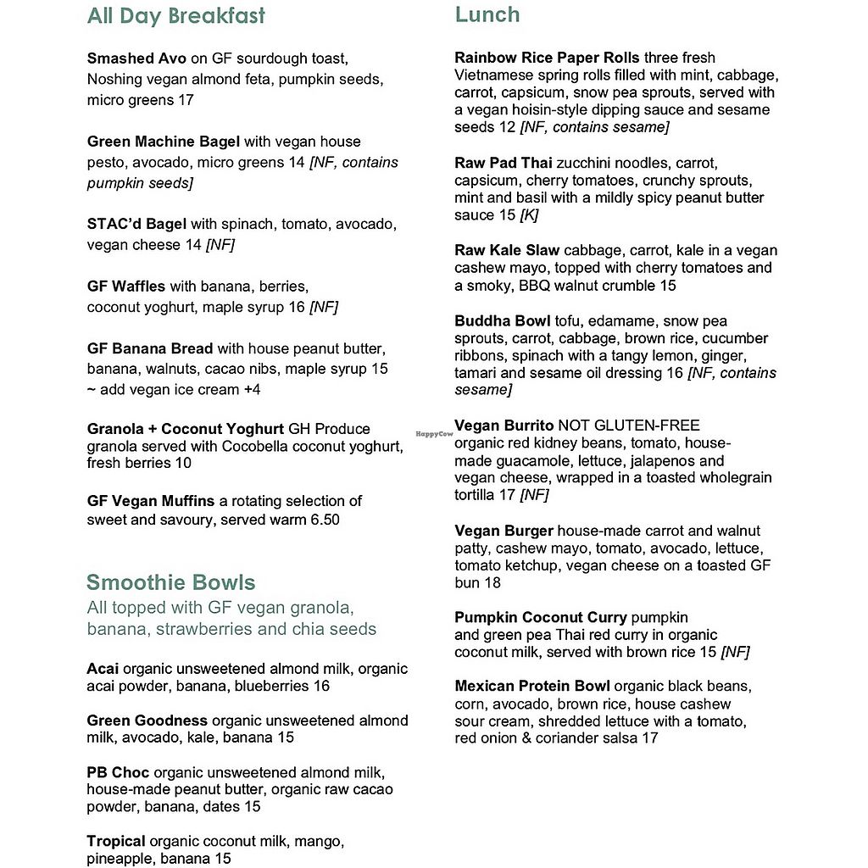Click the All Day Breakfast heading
click(x=175, y=16)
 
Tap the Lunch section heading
click(x=487, y=14)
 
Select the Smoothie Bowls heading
click(x=170, y=582)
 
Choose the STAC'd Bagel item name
click(x=136, y=225)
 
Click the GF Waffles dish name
click(x=126, y=287)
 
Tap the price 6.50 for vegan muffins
click(x=322, y=520)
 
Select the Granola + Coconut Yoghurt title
click(x=186, y=429)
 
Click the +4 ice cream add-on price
click(x=252, y=390)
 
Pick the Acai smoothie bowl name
click(x=103, y=669)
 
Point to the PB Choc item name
click(x=118, y=773)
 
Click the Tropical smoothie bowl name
click(x=116, y=842)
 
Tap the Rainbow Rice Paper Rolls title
click(x=547, y=58)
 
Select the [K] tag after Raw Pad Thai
click(x=529, y=215)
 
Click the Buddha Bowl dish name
click(x=503, y=321)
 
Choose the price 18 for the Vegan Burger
click(x=492, y=583)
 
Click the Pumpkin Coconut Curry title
click(x=541, y=617)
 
